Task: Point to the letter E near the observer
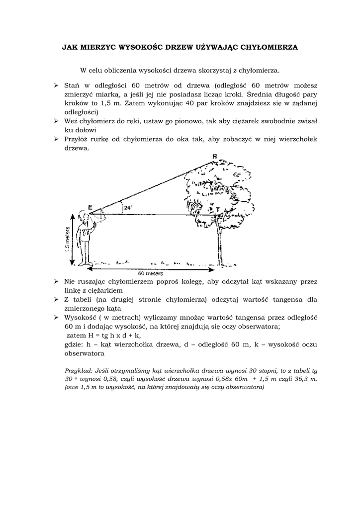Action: (90, 207)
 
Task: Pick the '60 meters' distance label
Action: (151, 273)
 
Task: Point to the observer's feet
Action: (87, 263)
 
